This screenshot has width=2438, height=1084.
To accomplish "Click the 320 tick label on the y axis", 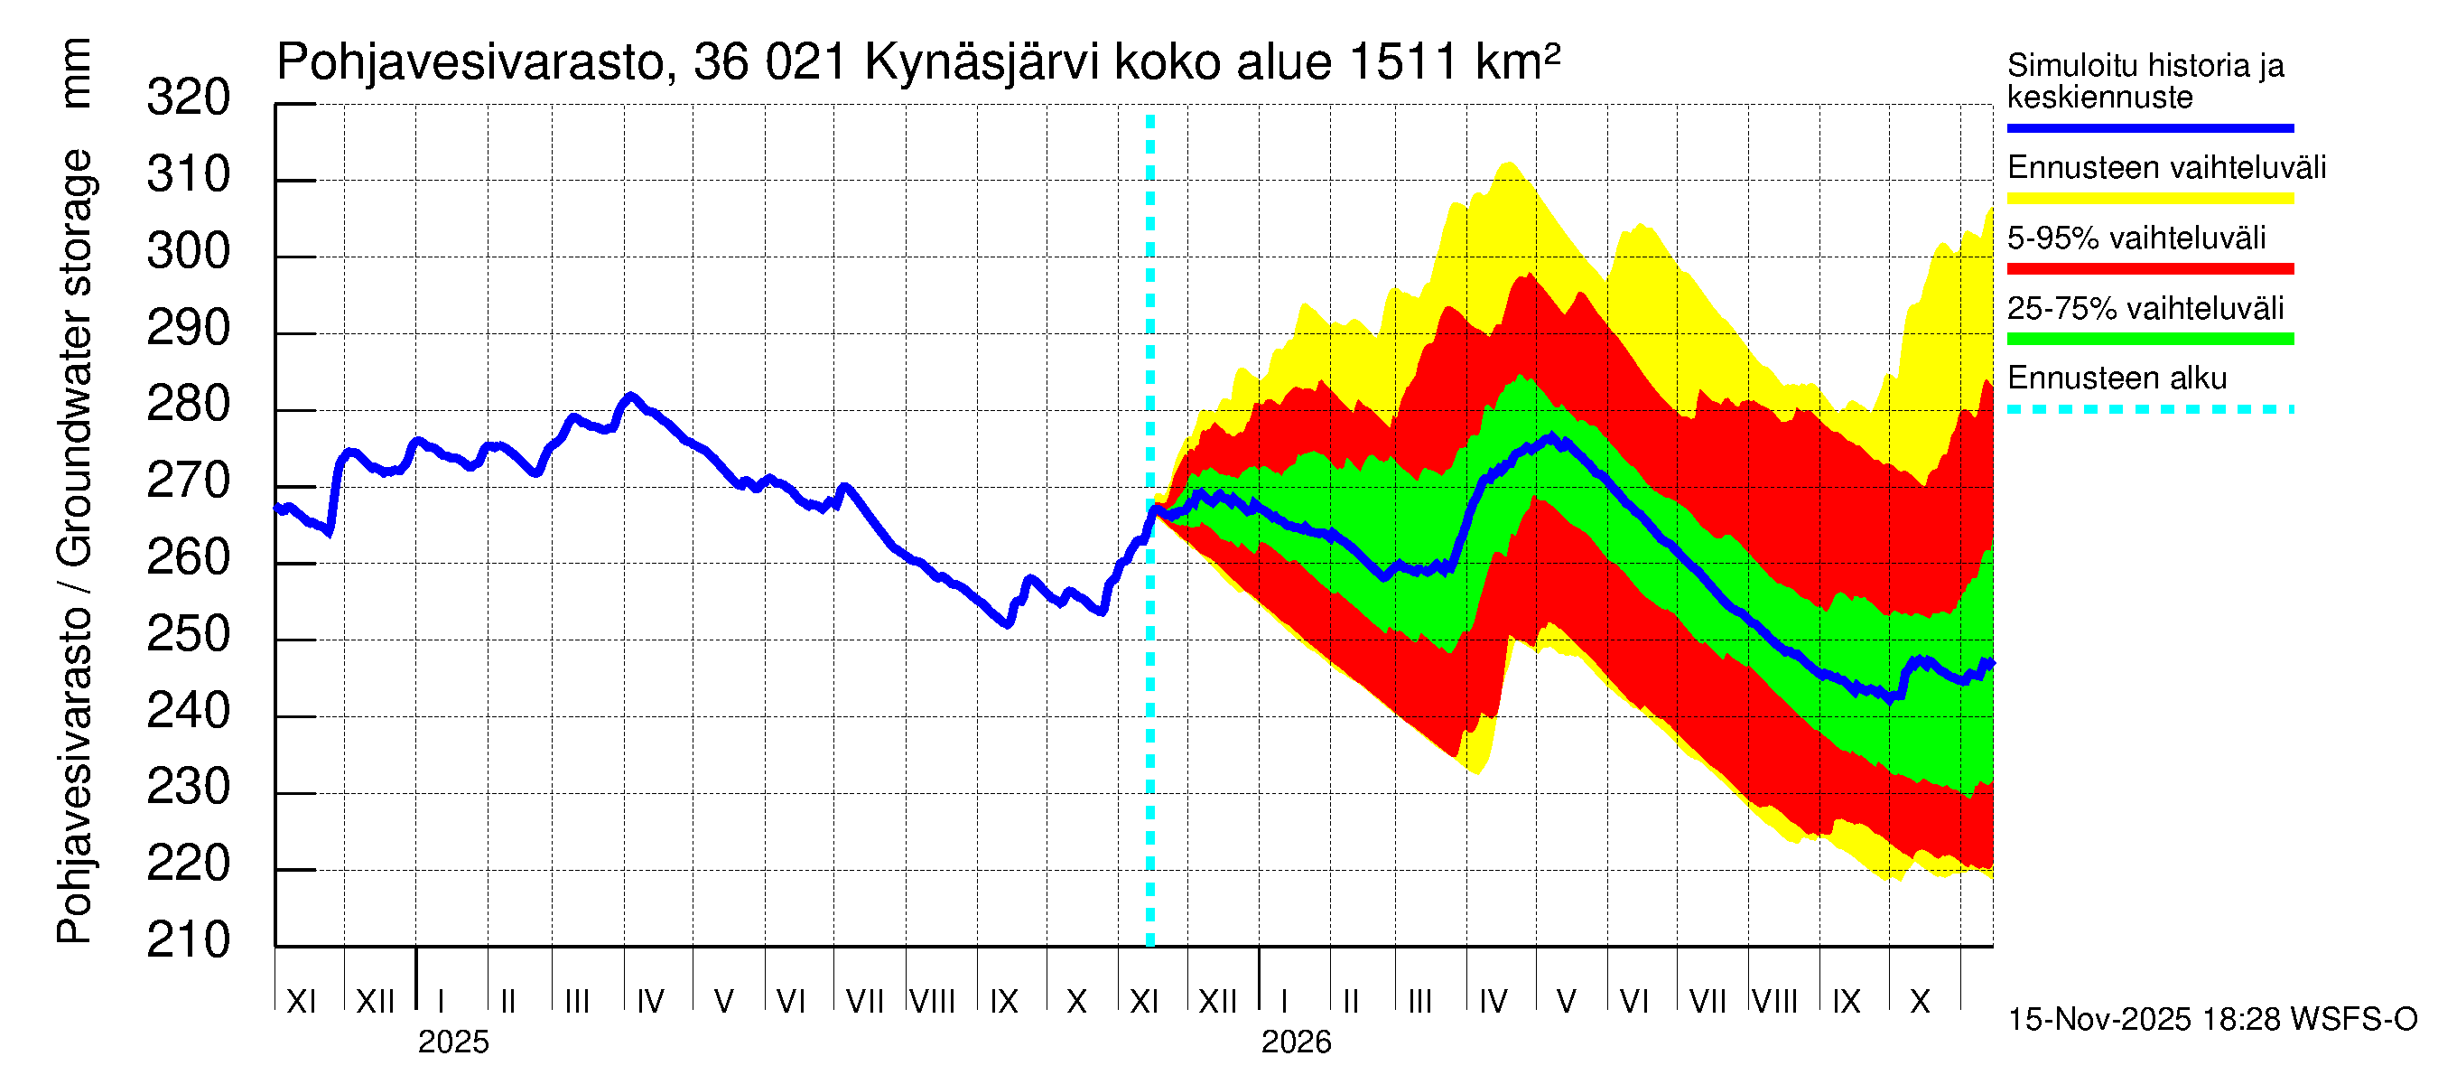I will coord(188,98).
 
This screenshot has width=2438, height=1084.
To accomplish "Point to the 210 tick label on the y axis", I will coord(188,940).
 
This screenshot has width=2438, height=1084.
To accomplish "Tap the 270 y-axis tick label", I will coord(188,481).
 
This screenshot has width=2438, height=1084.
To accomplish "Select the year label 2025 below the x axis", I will coord(453,1042).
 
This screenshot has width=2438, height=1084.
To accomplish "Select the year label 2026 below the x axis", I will coord(1296,1042).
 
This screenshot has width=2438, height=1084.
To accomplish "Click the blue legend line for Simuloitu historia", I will coord(2149,127).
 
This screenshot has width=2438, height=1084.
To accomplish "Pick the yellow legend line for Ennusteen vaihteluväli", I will coord(2149,199).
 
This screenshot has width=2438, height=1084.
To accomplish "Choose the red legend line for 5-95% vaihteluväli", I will coord(2149,269).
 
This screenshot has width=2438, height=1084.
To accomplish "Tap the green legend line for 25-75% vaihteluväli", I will coord(2149,339).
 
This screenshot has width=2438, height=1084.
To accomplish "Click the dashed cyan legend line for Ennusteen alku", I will coord(2149,410).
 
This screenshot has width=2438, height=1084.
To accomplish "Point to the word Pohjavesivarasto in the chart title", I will coord(470,63).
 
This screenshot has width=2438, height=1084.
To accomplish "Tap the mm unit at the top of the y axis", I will coord(75,73).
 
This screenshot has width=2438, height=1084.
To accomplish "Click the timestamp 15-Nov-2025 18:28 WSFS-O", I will coord(2211,1020).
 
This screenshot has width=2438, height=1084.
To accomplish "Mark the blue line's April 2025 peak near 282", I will coord(630,396).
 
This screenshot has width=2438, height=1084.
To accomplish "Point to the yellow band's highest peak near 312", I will coord(1508,164).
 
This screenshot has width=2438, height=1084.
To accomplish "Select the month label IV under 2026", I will coord(1493,1002).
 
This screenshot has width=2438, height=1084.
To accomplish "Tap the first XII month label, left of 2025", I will coord(375,1002).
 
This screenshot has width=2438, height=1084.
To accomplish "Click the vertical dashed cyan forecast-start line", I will coord(1149,663).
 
